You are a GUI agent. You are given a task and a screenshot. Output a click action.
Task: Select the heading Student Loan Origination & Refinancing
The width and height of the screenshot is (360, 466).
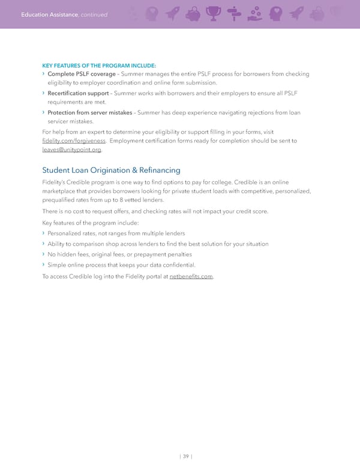tap(111, 171)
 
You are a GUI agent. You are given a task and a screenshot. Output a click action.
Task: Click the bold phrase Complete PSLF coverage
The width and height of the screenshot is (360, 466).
tap(82, 74)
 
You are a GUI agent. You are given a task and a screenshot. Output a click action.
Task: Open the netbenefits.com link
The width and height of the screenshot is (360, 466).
tap(191, 276)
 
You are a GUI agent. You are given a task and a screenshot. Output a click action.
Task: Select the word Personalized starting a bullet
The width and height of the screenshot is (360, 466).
tap(66, 233)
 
